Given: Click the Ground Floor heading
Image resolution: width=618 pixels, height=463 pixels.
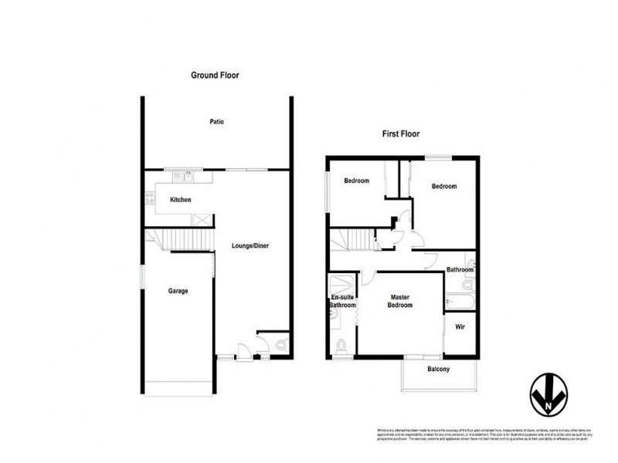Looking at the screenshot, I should (x=216, y=76).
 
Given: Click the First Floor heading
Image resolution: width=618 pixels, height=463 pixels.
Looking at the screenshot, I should (x=401, y=133).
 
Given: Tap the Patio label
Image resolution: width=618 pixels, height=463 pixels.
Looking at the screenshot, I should (x=216, y=122).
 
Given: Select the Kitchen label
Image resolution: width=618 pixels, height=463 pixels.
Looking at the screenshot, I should (x=181, y=200).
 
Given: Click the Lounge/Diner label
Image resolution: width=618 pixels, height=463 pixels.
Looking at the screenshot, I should (x=250, y=247).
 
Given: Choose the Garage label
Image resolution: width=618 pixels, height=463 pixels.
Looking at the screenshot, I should (x=178, y=291).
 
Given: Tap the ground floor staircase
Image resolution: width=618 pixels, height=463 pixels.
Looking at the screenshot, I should (x=185, y=240).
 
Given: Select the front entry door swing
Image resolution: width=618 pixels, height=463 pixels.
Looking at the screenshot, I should (x=243, y=350).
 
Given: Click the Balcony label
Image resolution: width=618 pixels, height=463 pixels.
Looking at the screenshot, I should (x=439, y=369).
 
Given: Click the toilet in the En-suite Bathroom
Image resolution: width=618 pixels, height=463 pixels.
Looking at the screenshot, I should (x=341, y=344).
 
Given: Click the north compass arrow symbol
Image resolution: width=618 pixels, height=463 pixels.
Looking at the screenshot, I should (x=547, y=395).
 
